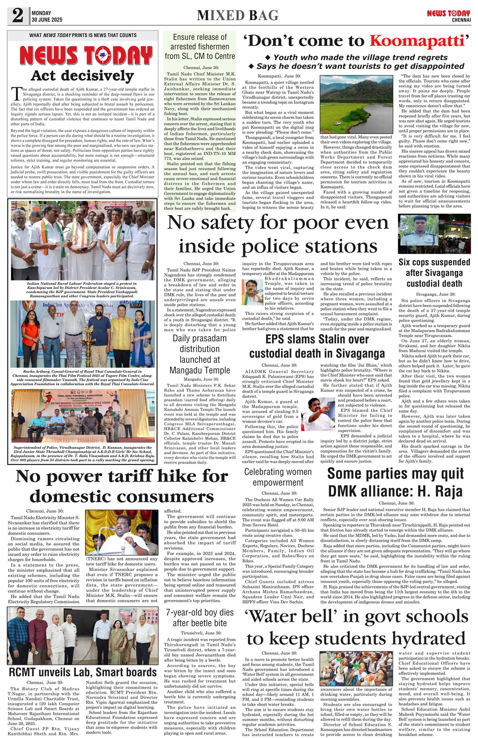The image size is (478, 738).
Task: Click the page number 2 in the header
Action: pos(17,16)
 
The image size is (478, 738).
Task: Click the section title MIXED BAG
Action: pos(237,16)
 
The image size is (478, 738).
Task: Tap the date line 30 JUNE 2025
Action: pos(47,20)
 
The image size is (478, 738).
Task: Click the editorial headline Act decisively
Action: pos(82,75)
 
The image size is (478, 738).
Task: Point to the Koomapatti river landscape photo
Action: pos(356,104)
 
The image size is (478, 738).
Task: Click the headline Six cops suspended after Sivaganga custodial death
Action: pos(434,273)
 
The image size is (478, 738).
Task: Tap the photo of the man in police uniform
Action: pos(434,234)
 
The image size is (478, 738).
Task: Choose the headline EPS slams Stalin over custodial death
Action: pos(317,346)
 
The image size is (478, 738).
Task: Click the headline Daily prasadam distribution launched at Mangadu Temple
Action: pos(200,354)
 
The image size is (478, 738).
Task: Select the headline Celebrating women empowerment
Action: pos(278,477)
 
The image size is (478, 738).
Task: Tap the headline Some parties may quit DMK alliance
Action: pos(395,482)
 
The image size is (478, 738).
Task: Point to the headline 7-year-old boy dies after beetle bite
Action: pos(200,618)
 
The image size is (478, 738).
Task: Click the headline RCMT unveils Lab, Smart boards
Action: pos(83,672)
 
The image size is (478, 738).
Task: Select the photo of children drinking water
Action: pos(356,669)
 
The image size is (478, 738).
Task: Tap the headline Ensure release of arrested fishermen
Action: pos(200,47)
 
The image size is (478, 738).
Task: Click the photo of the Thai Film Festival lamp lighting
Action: pos(83,334)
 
